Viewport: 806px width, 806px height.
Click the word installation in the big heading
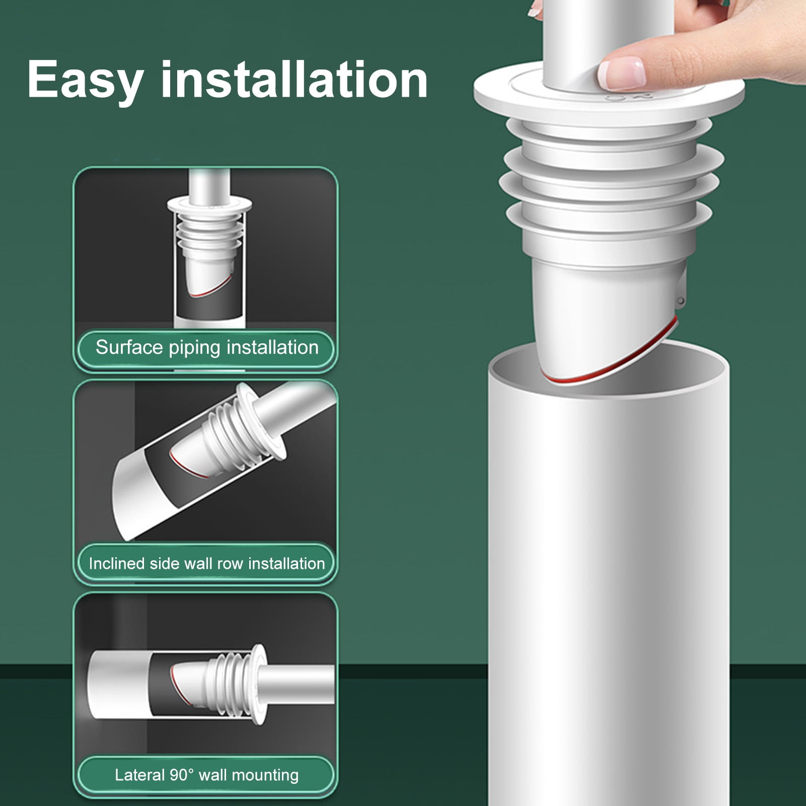294,80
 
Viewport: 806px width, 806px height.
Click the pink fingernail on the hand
622,73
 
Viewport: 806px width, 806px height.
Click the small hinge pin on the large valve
681,301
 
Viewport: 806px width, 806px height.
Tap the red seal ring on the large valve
604,375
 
